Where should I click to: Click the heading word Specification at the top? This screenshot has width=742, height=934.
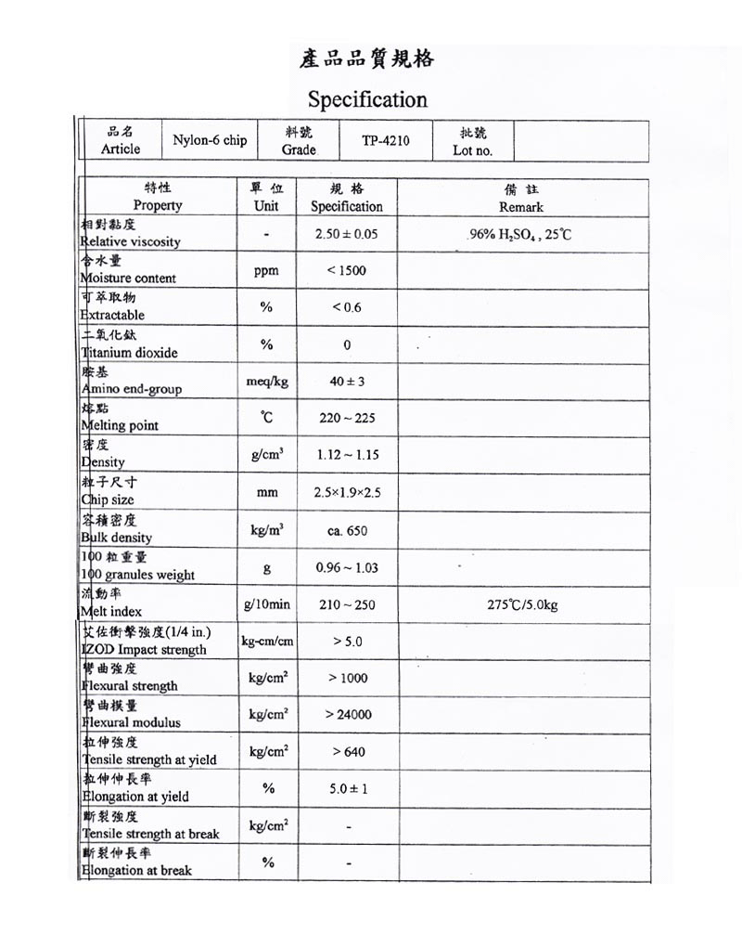pos(367,99)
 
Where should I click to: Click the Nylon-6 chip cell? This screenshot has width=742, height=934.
pos(210,141)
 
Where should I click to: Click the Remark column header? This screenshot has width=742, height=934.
pos(520,207)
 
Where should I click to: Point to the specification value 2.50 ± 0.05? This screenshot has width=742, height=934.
pos(347,235)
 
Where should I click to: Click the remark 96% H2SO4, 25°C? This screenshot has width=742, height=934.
pos(520,235)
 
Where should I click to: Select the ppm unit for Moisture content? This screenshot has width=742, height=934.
pos(266,271)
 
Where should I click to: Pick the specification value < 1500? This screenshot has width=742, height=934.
pos(347,271)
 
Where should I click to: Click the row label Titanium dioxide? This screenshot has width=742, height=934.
pos(129,353)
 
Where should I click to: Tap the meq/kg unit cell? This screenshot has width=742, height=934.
pos(266,382)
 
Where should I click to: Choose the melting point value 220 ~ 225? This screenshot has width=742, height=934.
pos(347,419)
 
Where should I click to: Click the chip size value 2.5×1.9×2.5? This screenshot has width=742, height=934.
pos(347,492)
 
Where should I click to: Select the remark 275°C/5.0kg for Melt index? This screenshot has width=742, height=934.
pos(522,605)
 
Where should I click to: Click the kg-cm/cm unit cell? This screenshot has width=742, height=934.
pos(267,642)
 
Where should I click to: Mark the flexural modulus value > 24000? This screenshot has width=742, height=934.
pos(348,715)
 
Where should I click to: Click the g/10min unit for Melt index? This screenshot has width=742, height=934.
pos(267,604)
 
